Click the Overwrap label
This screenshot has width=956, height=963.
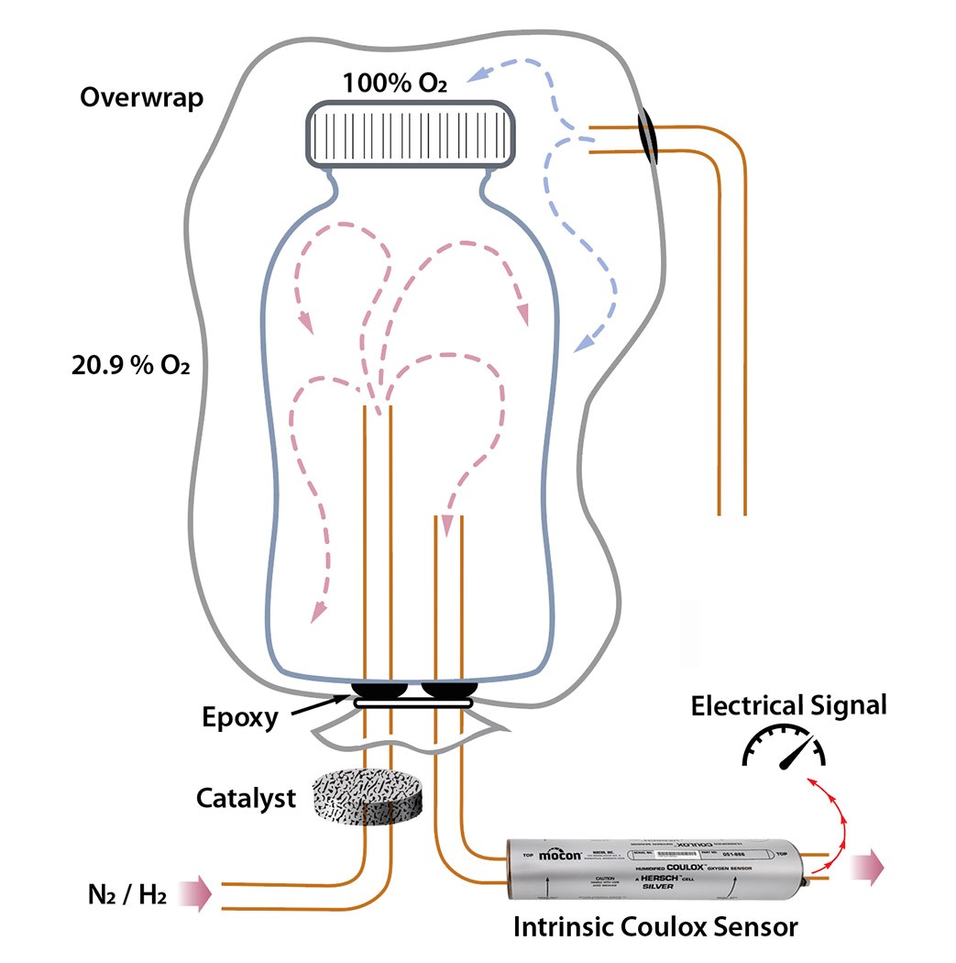(141, 98)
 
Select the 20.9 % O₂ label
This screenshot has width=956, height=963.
(130, 365)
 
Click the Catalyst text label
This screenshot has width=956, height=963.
(247, 798)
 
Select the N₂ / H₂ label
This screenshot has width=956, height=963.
(123, 891)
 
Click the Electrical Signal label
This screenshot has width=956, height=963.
(788, 705)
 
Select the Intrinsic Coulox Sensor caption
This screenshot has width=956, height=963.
(654, 926)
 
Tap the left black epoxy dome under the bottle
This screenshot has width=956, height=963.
(380, 688)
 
